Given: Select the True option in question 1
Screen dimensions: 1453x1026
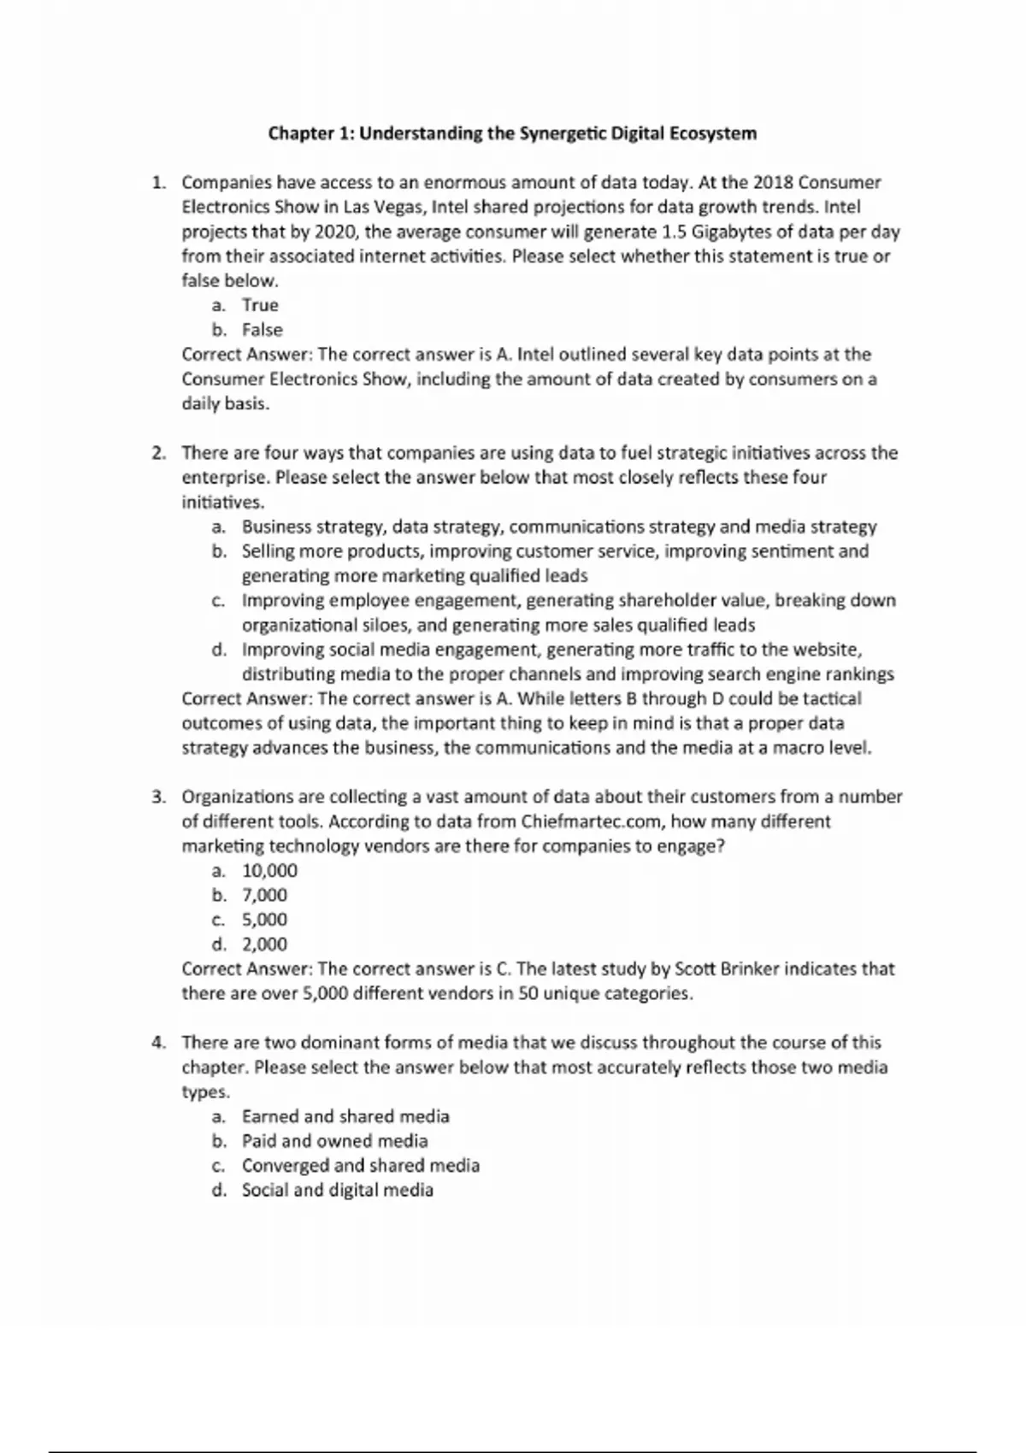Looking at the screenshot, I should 260,305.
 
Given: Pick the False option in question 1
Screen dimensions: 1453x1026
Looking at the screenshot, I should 262,330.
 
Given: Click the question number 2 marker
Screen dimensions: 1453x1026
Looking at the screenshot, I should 158,453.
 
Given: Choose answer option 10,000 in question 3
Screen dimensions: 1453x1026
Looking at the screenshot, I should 269,871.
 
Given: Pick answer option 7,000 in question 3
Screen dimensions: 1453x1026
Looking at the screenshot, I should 264,895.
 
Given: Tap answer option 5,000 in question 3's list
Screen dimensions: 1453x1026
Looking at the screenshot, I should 264,920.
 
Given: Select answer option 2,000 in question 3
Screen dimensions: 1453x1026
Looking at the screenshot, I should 264,944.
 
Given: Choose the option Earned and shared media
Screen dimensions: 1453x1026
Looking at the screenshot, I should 345,1116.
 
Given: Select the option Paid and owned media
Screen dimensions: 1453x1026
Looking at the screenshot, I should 334,1141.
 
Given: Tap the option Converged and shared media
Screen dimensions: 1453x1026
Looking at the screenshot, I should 360,1166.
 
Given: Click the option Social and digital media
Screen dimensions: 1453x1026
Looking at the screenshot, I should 337,1190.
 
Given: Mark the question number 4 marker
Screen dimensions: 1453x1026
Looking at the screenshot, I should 158,1043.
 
